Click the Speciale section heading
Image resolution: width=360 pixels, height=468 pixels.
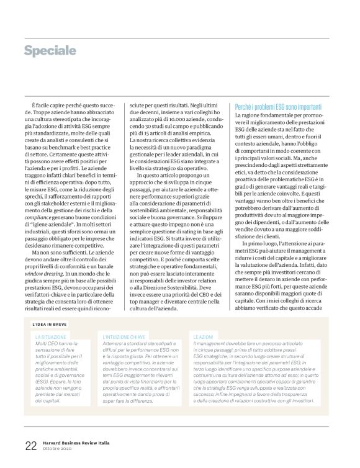click(x=50, y=50)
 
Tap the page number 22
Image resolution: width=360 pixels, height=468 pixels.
click(x=30, y=445)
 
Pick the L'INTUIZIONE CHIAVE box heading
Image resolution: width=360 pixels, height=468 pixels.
click(x=124, y=336)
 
